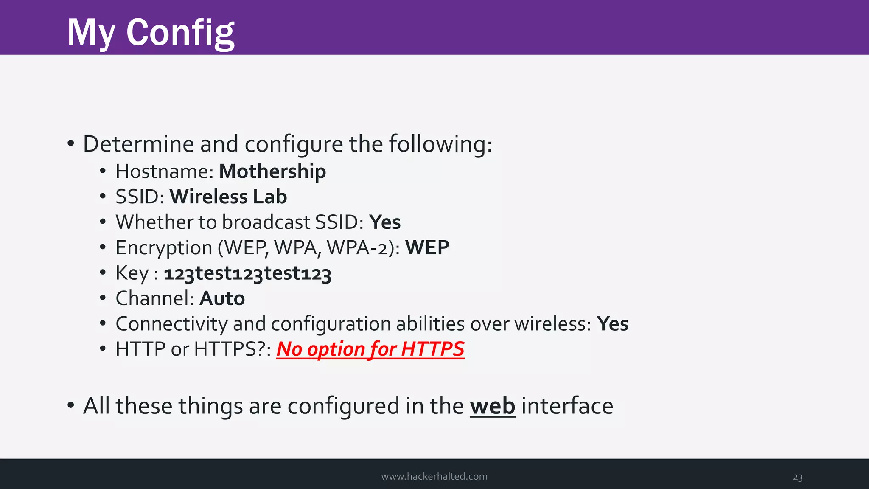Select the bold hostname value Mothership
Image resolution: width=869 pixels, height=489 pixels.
272,171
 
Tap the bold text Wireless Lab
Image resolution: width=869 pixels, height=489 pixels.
228,197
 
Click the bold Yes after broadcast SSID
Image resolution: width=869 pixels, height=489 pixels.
384,222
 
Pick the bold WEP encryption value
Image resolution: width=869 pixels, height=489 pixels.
427,248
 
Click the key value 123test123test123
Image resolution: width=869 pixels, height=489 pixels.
247,273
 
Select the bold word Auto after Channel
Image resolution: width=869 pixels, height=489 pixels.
222,298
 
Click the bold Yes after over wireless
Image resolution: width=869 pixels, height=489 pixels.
612,324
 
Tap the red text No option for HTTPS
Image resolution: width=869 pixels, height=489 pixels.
370,349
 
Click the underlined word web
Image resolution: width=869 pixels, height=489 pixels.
492,406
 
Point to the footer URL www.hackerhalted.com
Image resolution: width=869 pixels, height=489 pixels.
434,476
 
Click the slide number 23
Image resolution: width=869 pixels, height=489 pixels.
797,477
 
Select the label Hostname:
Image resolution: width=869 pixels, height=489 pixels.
164,171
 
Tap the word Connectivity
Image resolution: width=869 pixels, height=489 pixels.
171,324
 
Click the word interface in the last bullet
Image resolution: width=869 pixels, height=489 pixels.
567,406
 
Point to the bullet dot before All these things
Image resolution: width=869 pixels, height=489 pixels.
71,405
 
